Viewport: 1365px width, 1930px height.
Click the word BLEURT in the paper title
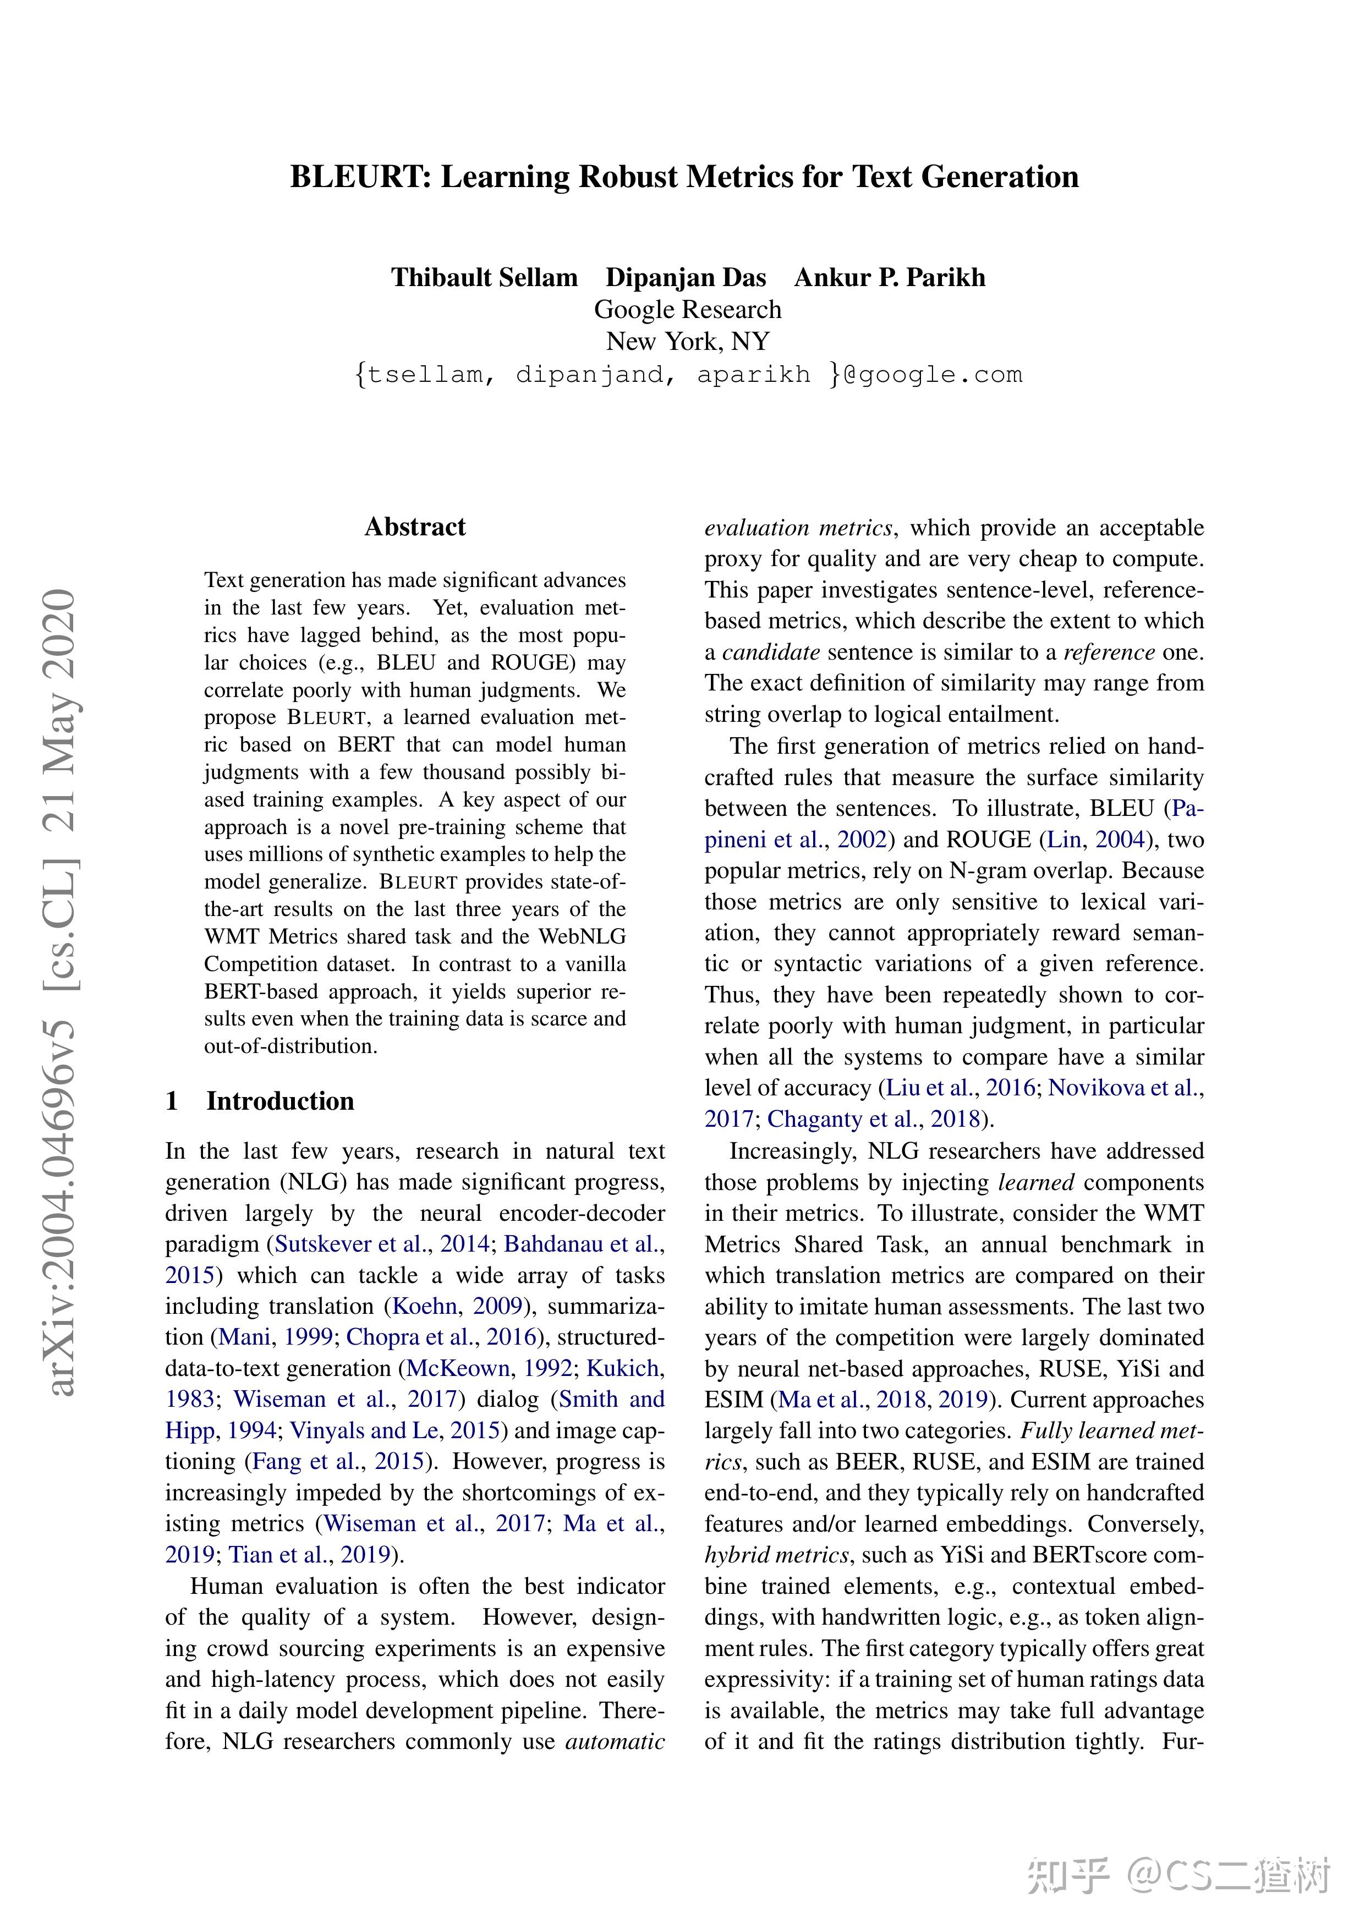(360, 177)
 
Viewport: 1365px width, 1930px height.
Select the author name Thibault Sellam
(484, 277)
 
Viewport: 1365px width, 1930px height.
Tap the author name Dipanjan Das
(686, 277)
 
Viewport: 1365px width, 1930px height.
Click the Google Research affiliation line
(688, 309)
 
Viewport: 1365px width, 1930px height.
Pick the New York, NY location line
(688, 341)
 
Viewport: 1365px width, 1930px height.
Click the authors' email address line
(688, 375)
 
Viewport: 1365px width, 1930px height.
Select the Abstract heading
(415, 527)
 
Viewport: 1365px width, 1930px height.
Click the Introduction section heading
(280, 1101)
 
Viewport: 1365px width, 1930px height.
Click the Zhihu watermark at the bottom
(1177, 1876)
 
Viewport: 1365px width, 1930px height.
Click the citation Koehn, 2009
(458, 1306)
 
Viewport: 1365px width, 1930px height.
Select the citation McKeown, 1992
(489, 1368)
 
